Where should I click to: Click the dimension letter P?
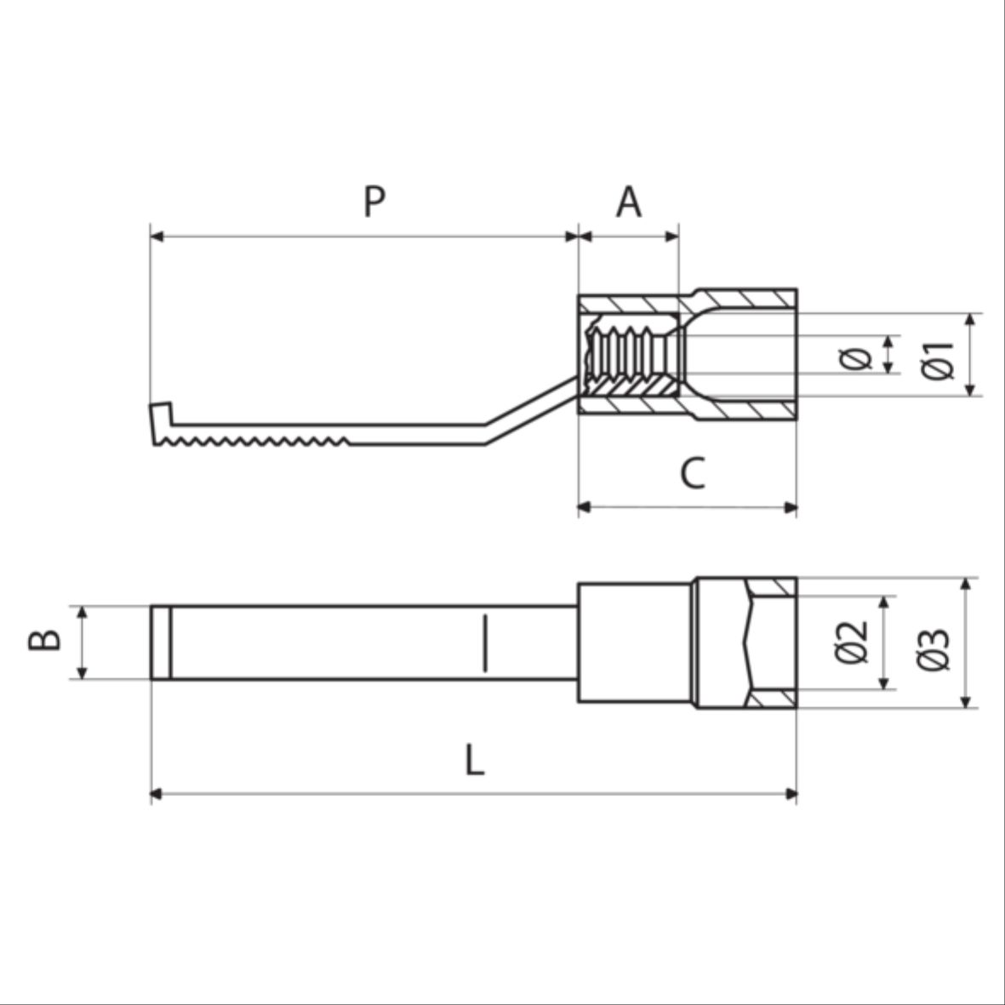374,202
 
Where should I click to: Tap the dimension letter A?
629,202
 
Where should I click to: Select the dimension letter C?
692,474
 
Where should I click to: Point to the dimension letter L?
474,760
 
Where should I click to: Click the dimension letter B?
45,641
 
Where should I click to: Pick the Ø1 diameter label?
937,361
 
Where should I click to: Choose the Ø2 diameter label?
852,642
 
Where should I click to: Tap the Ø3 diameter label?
934,649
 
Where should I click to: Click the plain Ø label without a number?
856,358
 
